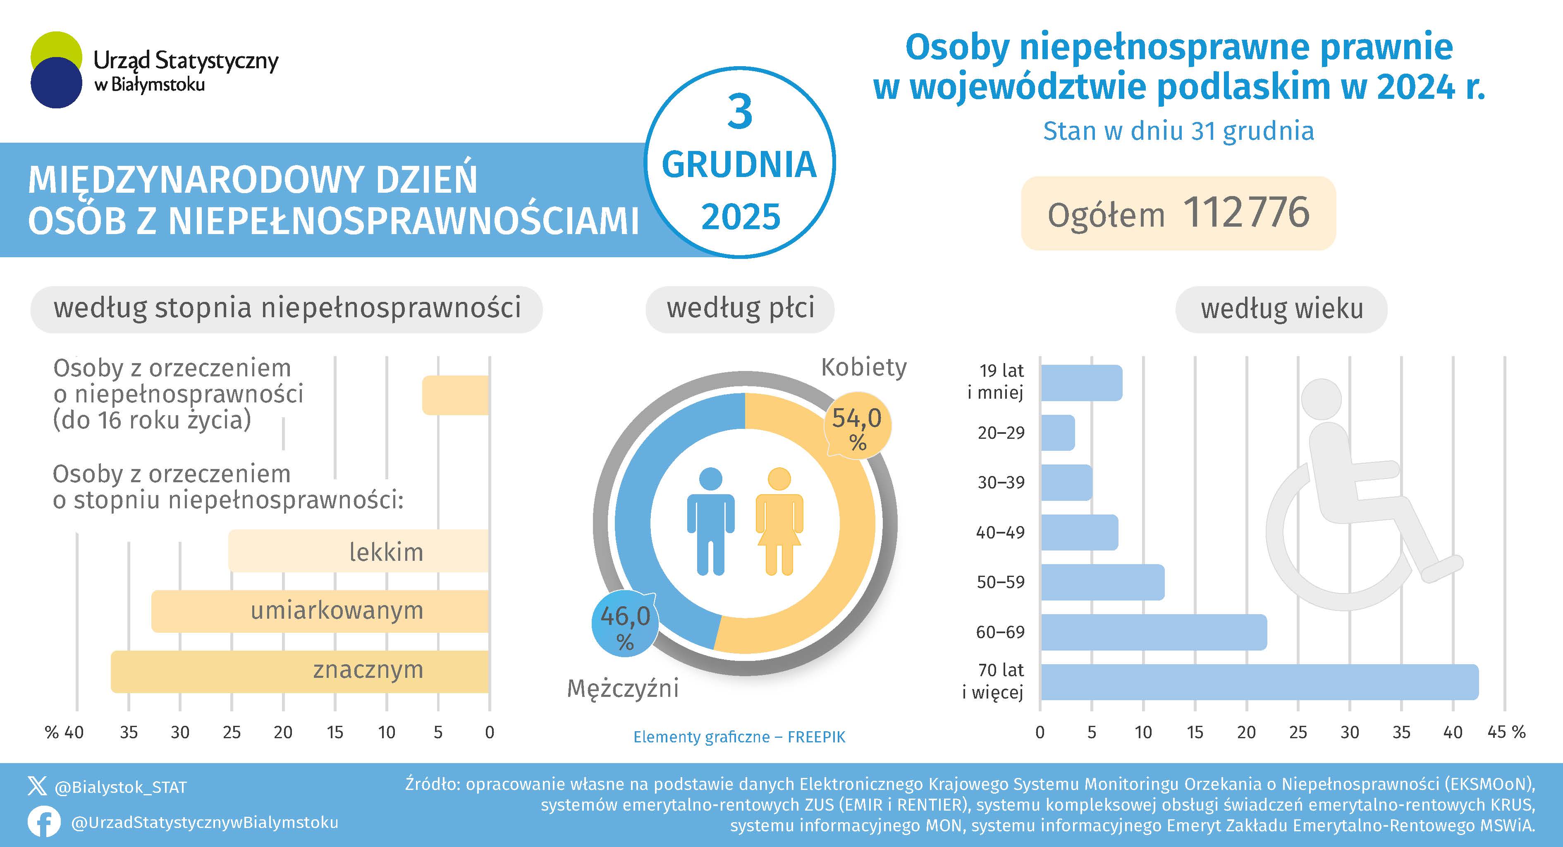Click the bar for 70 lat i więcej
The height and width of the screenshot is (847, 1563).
[x=1259, y=682]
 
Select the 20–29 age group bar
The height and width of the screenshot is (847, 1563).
[x=1058, y=433]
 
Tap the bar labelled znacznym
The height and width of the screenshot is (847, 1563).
[x=300, y=672]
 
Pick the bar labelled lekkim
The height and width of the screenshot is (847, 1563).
[x=358, y=551]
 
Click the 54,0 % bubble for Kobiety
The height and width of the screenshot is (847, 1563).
[x=857, y=426]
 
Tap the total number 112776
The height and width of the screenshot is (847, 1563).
[x=1246, y=213]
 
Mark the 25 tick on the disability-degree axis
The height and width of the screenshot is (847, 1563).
[x=231, y=732]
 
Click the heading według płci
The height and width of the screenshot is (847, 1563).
[x=740, y=308]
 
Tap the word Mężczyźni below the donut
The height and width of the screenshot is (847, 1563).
[x=623, y=689]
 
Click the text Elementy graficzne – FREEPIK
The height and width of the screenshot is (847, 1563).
[x=739, y=737]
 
